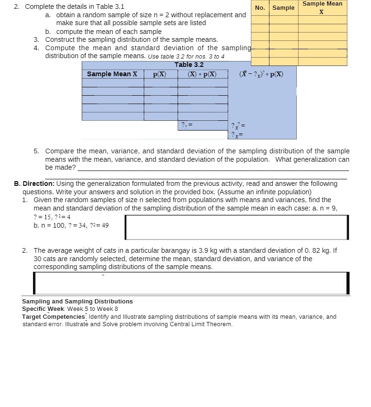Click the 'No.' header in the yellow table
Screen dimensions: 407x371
[x=260, y=7]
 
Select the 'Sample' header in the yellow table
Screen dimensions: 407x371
[x=283, y=7]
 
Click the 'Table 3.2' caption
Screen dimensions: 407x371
[x=189, y=65]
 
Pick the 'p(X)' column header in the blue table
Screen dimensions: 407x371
[x=160, y=74]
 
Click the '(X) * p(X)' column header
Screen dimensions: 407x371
[x=202, y=74]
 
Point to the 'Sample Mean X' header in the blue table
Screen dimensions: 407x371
[x=112, y=74]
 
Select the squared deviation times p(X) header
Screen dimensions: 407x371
[x=261, y=74]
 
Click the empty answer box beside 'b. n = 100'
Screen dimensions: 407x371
[x=237, y=227]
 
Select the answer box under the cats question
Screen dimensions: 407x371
[x=191, y=283]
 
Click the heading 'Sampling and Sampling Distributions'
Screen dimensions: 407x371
[x=77, y=302]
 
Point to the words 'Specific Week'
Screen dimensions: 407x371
[x=43, y=309]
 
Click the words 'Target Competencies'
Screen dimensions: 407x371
[x=54, y=317]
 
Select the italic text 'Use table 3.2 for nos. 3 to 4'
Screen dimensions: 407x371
[x=186, y=56]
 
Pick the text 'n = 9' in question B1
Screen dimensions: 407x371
[x=327, y=208]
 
